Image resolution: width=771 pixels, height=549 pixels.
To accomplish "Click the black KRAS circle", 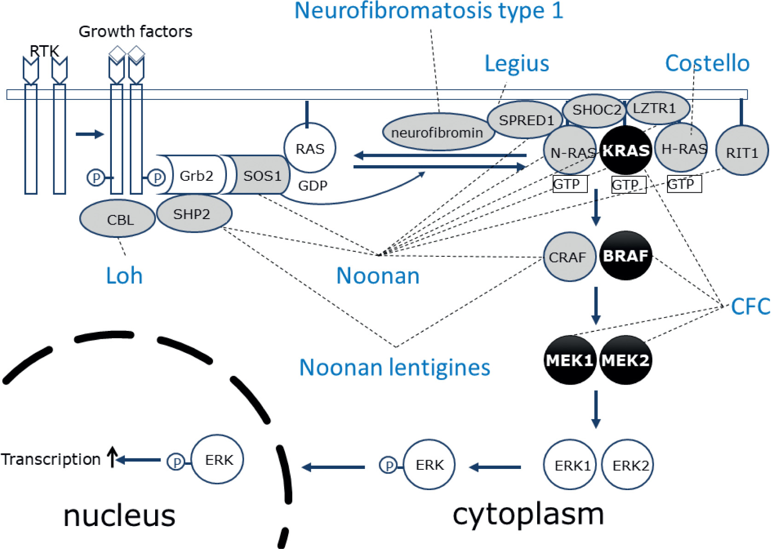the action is [626, 150].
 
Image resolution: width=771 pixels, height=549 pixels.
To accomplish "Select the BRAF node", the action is [626, 255].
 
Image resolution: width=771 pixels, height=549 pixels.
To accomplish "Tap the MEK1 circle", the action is [570, 360].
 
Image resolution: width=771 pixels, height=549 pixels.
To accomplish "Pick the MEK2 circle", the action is [626, 360].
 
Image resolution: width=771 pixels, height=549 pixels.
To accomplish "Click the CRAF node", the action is [570, 257].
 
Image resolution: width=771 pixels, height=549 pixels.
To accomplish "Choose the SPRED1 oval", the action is [525, 120].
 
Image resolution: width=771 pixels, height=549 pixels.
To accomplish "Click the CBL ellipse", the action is [117, 219].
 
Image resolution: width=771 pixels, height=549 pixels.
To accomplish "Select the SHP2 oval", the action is [194, 214].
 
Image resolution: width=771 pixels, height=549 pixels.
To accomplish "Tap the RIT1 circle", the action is [742, 150].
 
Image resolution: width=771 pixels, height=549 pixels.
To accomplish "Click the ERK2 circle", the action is [627, 464].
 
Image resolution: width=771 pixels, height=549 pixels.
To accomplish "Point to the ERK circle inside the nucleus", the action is [217, 459].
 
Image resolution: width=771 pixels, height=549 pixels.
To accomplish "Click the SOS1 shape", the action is [259, 174].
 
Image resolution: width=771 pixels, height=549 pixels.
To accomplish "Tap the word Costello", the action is [707, 64].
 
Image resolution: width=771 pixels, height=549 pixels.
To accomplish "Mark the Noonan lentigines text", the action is [395, 368].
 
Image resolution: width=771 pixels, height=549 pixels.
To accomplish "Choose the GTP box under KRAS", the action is [629, 185].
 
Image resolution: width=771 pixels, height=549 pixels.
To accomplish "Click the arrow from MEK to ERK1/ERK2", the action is [596, 409].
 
